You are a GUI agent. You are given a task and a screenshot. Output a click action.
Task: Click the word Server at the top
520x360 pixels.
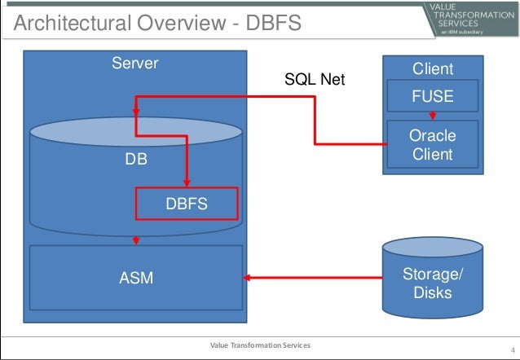click(134, 64)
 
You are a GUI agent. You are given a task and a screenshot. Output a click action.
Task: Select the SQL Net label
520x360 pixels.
click(315, 80)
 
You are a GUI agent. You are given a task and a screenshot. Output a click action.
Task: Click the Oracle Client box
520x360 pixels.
click(432, 144)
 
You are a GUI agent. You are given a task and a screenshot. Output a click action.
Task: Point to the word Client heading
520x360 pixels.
click(433, 70)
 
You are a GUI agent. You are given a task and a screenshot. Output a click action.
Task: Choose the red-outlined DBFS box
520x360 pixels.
click(187, 204)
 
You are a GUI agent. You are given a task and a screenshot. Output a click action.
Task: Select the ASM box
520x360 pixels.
click(136, 279)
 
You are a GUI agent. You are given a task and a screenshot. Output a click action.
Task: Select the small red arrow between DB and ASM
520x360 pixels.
click(136, 239)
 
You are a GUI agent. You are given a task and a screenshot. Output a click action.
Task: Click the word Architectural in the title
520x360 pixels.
click(61, 24)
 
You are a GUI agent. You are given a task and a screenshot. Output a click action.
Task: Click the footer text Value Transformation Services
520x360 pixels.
click(260, 346)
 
